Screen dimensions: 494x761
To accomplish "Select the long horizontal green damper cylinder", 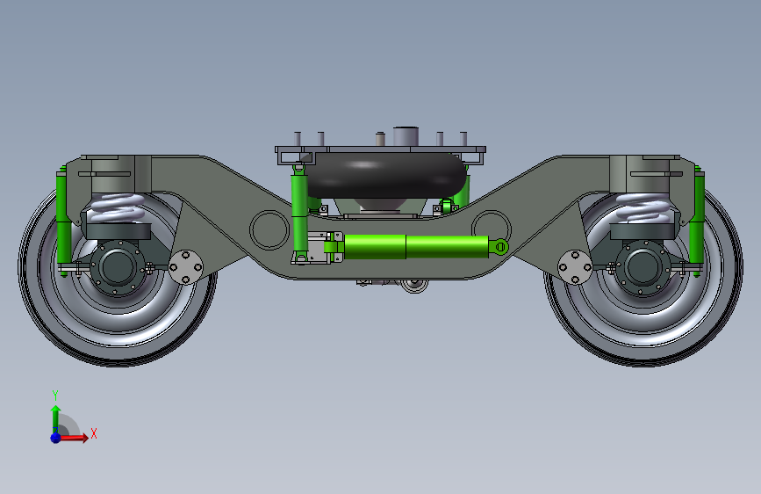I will click(413, 246).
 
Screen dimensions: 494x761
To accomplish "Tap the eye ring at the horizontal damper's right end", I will click(499, 246).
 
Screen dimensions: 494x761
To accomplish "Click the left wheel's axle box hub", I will click(115, 267).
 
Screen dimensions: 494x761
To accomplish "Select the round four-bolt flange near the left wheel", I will click(186, 267).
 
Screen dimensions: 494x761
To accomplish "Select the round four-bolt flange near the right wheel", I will click(575, 266).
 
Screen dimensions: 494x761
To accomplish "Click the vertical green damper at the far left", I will click(63, 220).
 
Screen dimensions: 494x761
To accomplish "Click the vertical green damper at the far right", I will click(697, 220).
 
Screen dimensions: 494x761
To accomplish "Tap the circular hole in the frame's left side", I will click(269, 229).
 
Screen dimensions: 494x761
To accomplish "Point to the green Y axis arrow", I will click(55, 413).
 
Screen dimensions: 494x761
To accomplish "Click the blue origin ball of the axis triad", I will click(55, 437).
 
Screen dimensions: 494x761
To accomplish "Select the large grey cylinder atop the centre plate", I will click(406, 138).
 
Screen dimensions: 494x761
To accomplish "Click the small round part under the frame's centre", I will click(413, 285).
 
